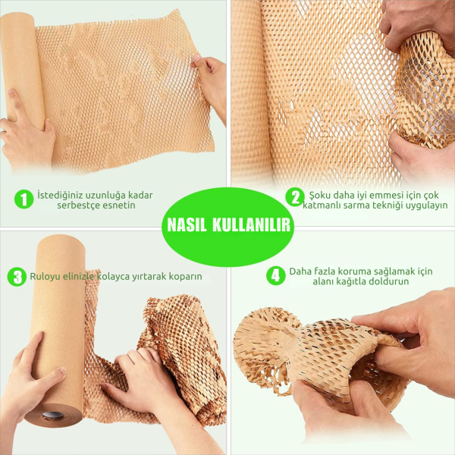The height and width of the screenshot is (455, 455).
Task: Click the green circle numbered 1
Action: [24, 199]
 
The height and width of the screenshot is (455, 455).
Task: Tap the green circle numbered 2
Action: [295, 197]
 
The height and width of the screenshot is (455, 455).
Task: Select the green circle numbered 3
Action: [17, 277]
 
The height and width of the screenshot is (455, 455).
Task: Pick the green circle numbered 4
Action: [276, 275]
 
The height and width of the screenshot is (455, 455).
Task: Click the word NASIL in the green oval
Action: [187, 225]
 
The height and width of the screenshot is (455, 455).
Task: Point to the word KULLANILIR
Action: [251, 225]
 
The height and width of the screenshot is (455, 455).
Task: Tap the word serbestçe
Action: [76, 206]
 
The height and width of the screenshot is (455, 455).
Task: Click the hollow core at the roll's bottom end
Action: [53, 416]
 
